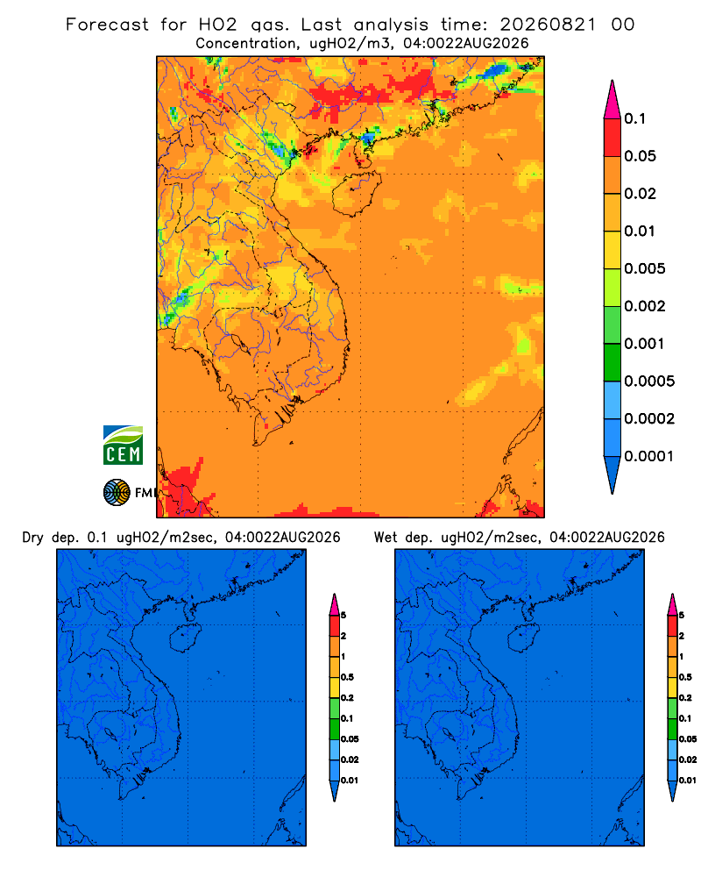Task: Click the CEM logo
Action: pyautogui.click(x=123, y=446)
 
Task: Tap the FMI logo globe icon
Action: pyautogui.click(x=117, y=492)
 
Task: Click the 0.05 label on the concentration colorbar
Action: pyautogui.click(x=640, y=156)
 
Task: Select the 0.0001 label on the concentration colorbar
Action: pyautogui.click(x=649, y=456)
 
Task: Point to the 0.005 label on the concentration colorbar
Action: pyautogui.click(x=645, y=268)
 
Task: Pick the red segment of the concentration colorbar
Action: pyautogui.click(x=612, y=137)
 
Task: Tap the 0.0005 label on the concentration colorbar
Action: pyautogui.click(x=649, y=381)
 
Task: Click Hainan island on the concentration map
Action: pyautogui.click(x=356, y=193)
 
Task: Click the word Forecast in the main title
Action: pyautogui.click(x=107, y=25)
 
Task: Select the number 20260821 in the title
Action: pyautogui.click(x=548, y=25)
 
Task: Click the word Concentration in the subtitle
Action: pyautogui.click(x=246, y=44)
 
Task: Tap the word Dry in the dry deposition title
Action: pyautogui.click(x=33, y=538)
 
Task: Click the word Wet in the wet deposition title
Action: pyautogui.click(x=386, y=538)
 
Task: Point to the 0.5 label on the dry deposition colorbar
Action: pyautogui.click(x=347, y=677)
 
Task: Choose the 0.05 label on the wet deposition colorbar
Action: pyautogui.click(x=688, y=739)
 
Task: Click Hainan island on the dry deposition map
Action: pyautogui.click(x=185, y=638)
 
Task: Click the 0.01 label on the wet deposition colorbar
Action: pyautogui.click(x=688, y=781)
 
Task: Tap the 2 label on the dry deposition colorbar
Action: pyautogui.click(x=343, y=636)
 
